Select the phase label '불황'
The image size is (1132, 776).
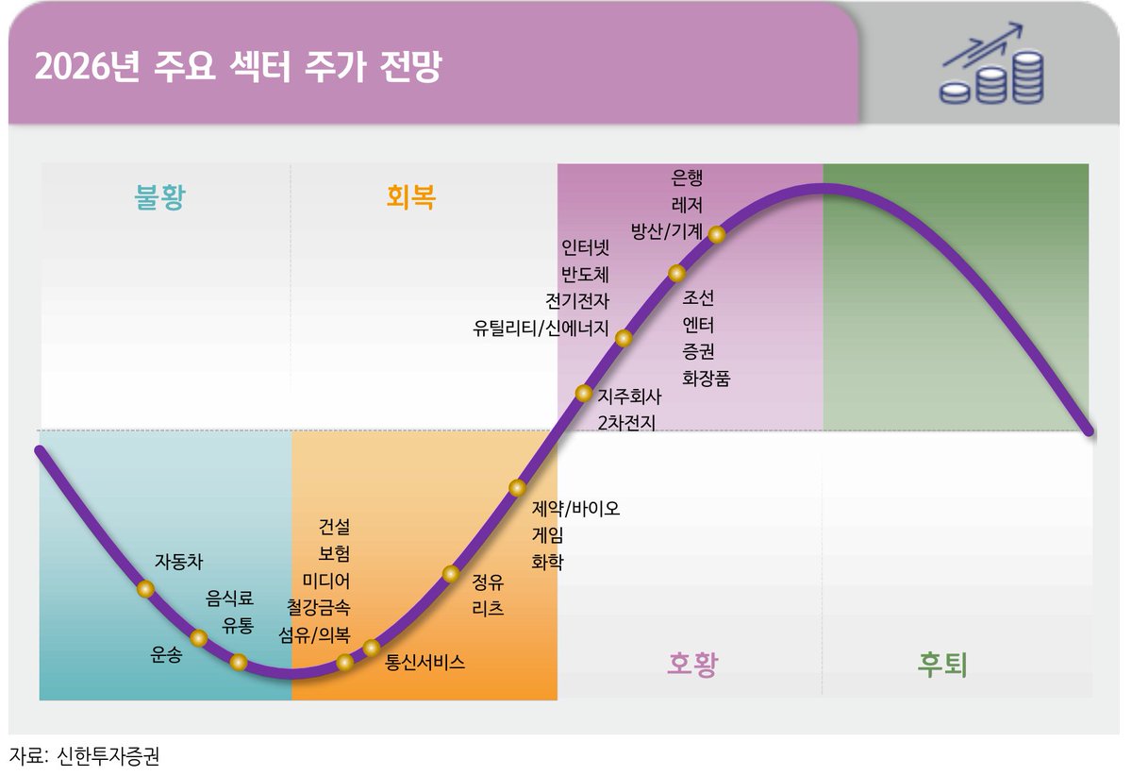pos(160,197)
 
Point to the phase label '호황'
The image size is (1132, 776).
pos(692,664)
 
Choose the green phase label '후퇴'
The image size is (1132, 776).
pos(942,664)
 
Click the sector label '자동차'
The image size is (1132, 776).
pos(178,561)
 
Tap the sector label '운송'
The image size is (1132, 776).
pos(167,653)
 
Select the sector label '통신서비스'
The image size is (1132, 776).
pos(425,662)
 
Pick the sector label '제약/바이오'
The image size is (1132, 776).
pos(575,509)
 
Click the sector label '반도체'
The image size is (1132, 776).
pos(585,276)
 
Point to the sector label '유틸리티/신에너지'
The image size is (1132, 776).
pos(541,329)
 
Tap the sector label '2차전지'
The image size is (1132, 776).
pos(626,422)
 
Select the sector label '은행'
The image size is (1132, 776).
pos(687,177)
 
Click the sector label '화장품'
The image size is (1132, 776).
pos(706,379)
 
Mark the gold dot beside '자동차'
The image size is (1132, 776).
pos(145,589)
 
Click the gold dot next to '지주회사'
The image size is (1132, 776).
pos(584,394)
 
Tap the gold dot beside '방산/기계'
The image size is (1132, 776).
pos(716,235)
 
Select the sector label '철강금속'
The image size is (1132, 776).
pos(318,606)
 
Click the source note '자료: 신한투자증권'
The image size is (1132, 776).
pos(78,756)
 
